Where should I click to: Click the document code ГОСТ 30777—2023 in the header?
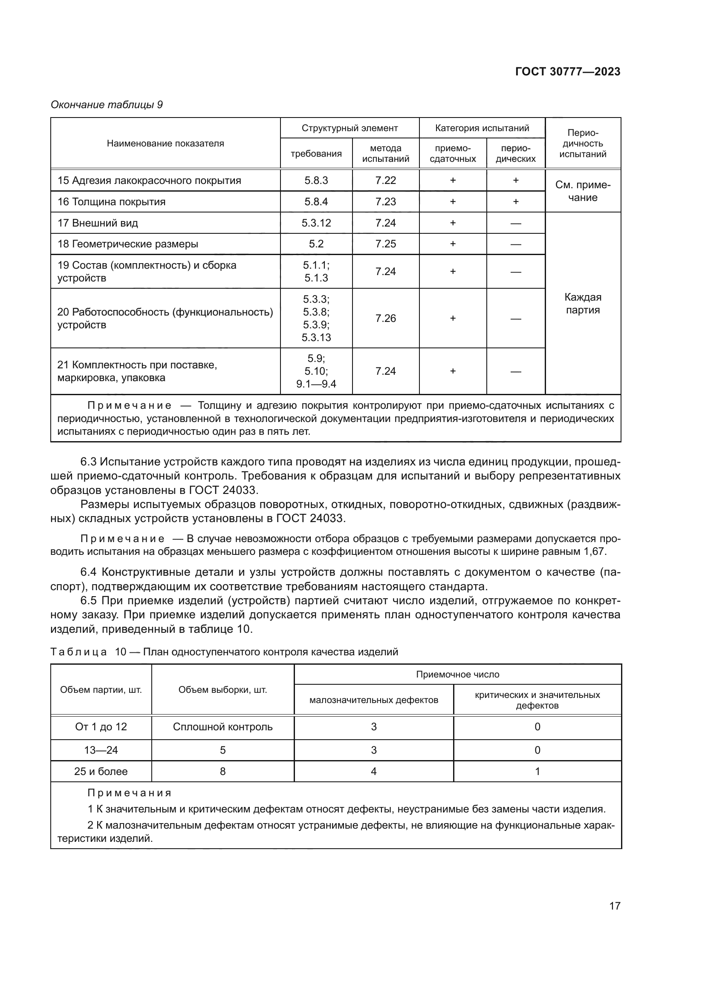coord(567,72)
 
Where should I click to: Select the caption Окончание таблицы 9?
coord(107,105)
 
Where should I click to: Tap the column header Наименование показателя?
coord(165,144)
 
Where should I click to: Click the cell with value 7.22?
coord(385,181)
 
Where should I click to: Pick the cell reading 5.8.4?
coord(316,202)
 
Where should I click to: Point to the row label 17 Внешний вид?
coord(98,223)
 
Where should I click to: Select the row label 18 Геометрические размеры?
coord(127,244)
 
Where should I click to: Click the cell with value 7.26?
coord(385,319)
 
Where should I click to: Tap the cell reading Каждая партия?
coord(583,304)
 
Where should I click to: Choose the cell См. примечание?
coord(583,191)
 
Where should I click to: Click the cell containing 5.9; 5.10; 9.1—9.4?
coord(316,371)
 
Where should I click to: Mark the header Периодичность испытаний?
coord(583,144)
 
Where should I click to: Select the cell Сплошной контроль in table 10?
coord(222,727)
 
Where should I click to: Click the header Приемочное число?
coord(457,675)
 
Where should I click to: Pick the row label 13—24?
coord(101,750)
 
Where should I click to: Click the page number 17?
coord(615,906)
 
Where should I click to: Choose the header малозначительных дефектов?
coord(374,700)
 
